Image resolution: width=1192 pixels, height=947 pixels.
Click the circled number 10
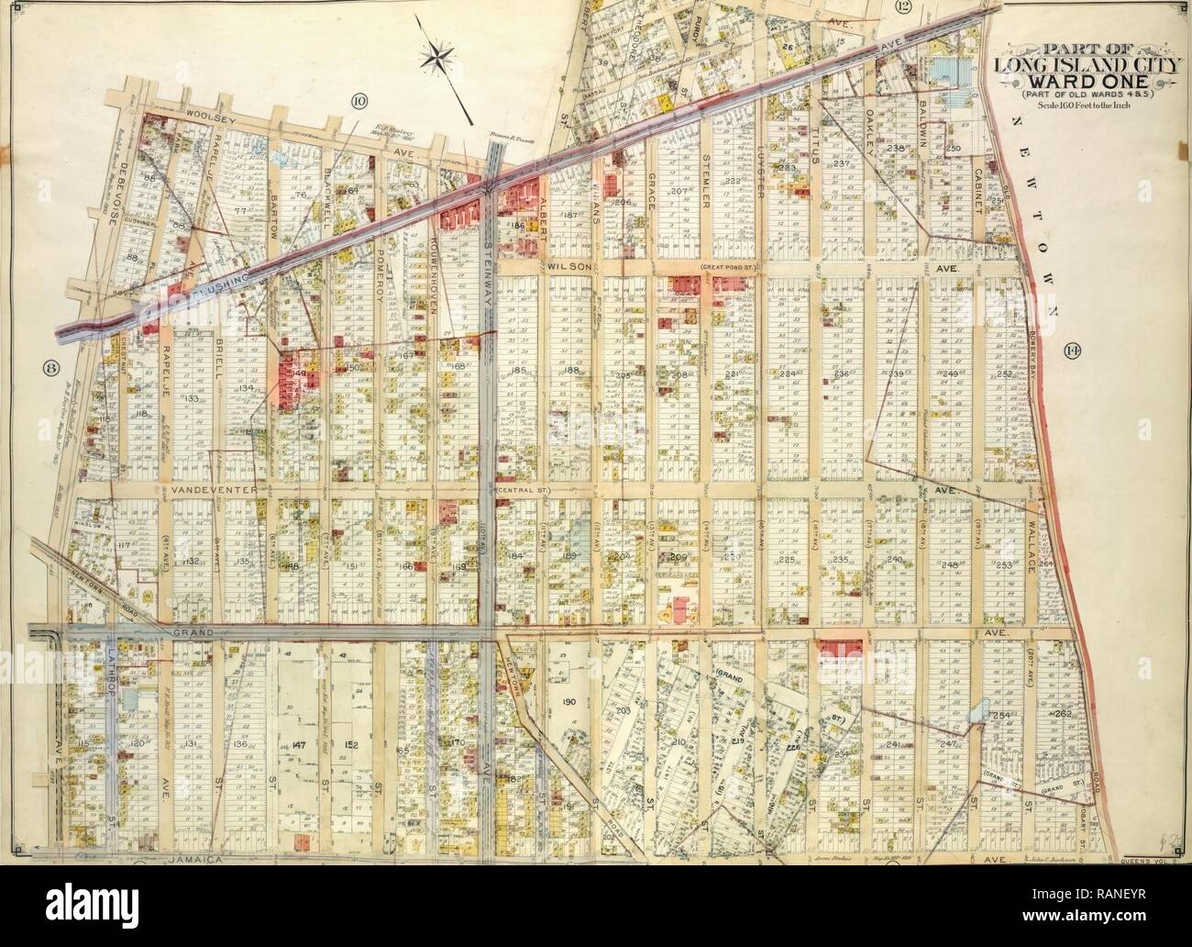358,100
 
